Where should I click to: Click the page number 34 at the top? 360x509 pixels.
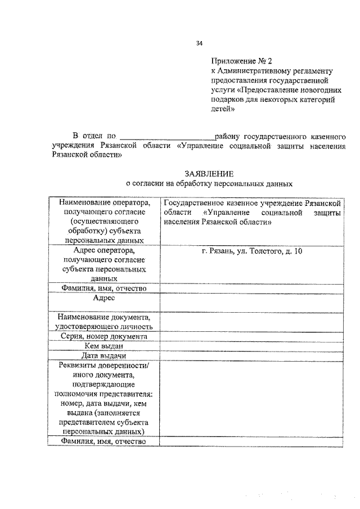(199, 43)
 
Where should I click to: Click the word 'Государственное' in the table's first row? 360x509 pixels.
(194, 202)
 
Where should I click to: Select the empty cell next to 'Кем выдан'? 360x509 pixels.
(251, 346)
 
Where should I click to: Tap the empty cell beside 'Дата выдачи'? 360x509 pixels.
(251, 356)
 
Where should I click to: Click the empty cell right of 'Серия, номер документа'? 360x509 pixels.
(251, 336)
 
